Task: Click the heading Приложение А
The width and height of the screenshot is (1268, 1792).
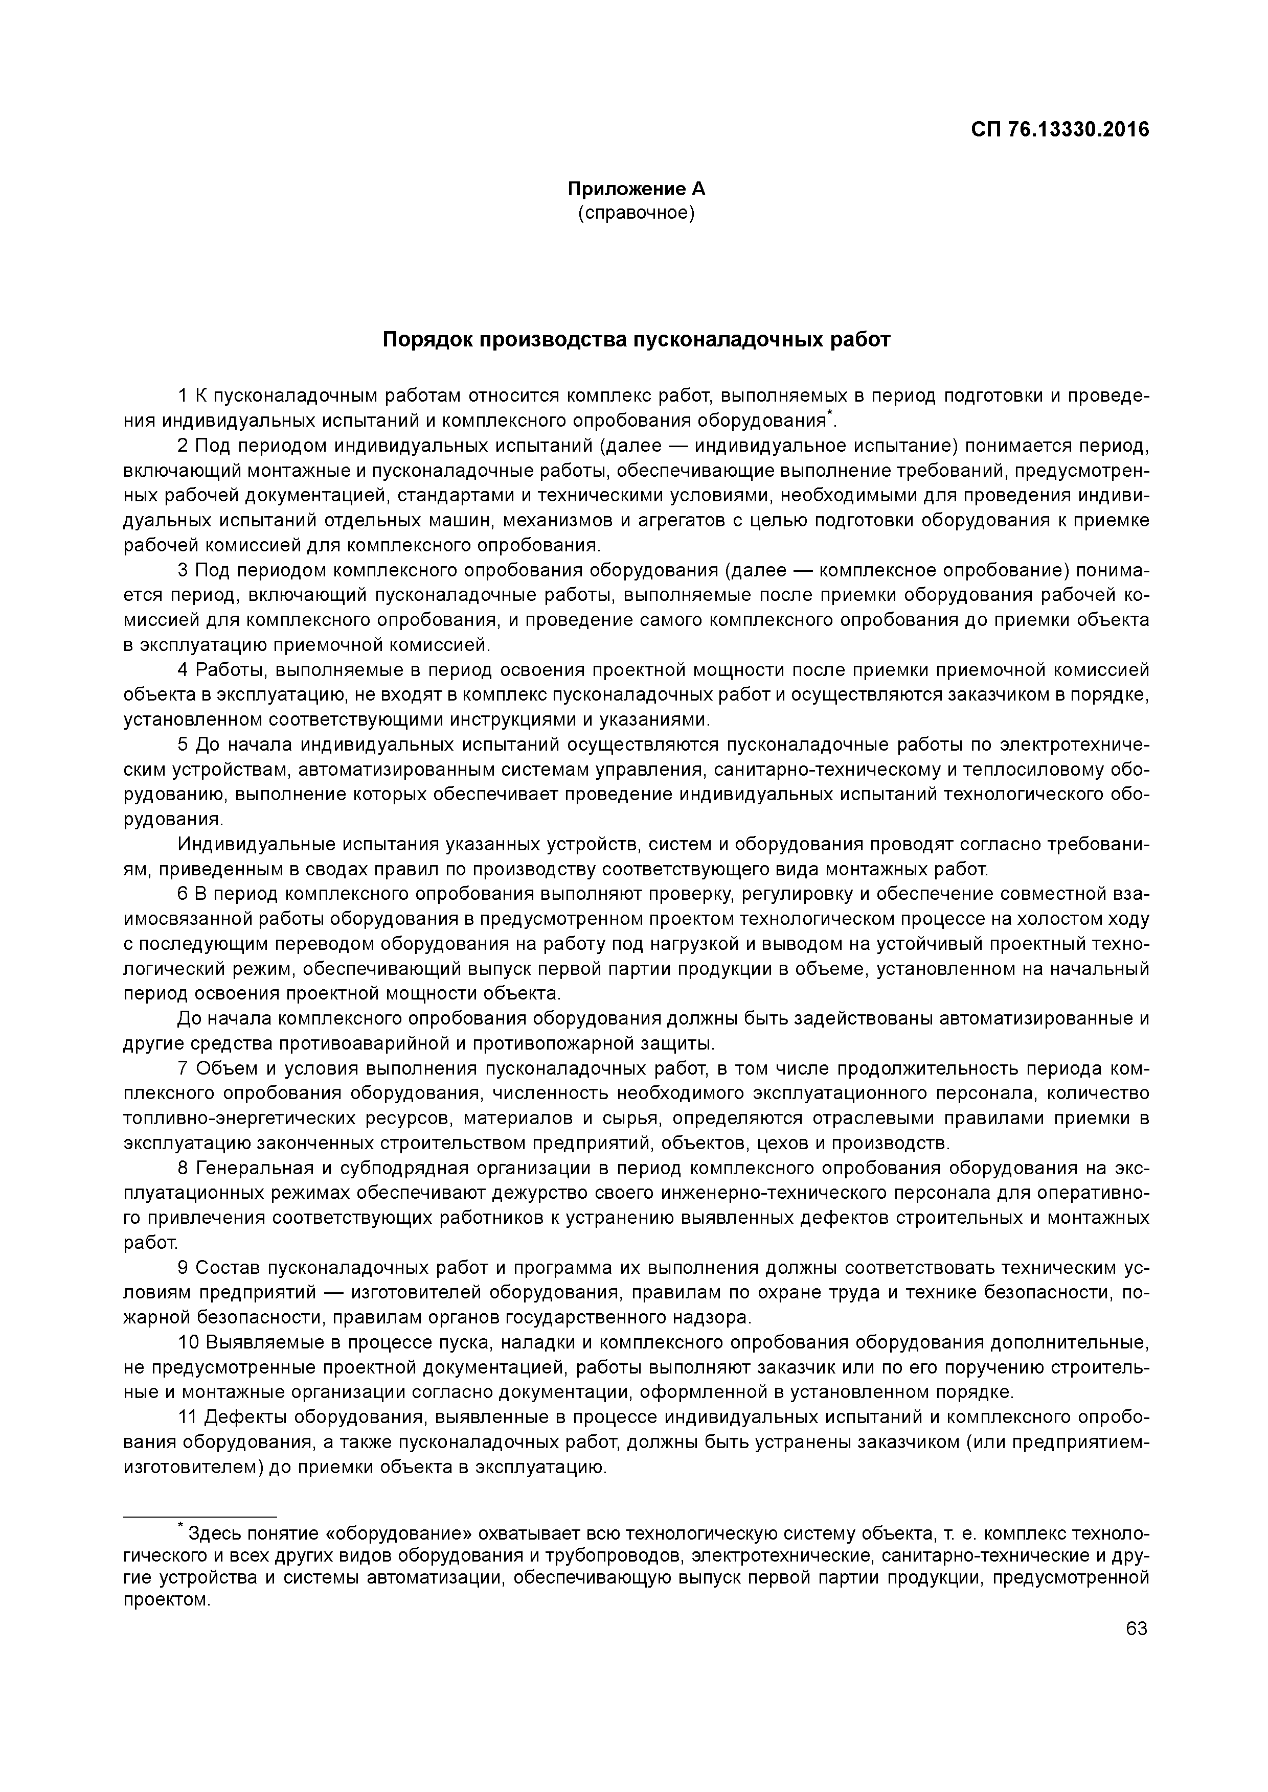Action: [x=636, y=189]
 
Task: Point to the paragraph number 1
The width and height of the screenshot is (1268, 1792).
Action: [x=183, y=395]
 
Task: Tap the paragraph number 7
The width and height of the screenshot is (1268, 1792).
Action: [x=183, y=1068]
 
